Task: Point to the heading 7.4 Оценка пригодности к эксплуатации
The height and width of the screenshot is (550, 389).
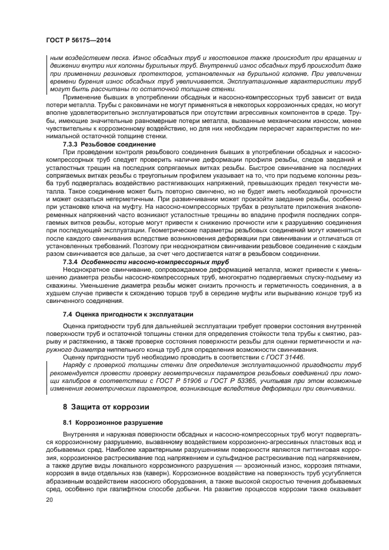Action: pyautogui.click(x=128, y=314)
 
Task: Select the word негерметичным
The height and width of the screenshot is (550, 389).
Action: pyautogui.click(x=118, y=199)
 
